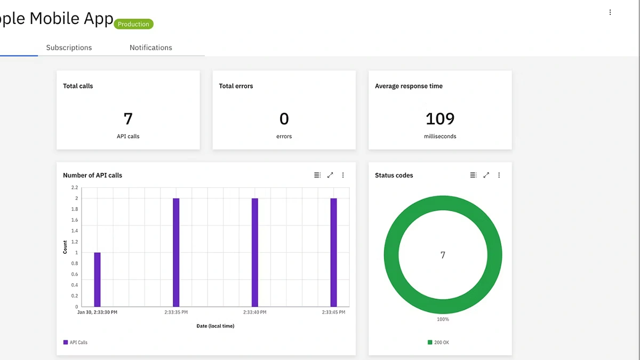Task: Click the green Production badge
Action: (x=133, y=24)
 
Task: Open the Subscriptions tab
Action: (x=69, y=47)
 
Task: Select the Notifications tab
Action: (x=151, y=47)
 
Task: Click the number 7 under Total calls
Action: (x=128, y=118)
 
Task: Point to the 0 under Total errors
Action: (x=284, y=118)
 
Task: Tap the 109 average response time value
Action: (x=440, y=118)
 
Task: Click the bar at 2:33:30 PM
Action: (x=97, y=279)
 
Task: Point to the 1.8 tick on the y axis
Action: (x=74, y=209)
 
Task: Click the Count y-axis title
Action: (x=66, y=247)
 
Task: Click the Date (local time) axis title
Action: (x=215, y=326)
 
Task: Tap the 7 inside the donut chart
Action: (x=443, y=255)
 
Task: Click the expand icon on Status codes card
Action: (x=486, y=175)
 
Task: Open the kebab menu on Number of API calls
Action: (x=343, y=175)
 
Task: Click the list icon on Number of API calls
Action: (x=317, y=175)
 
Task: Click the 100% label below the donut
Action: (x=443, y=319)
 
